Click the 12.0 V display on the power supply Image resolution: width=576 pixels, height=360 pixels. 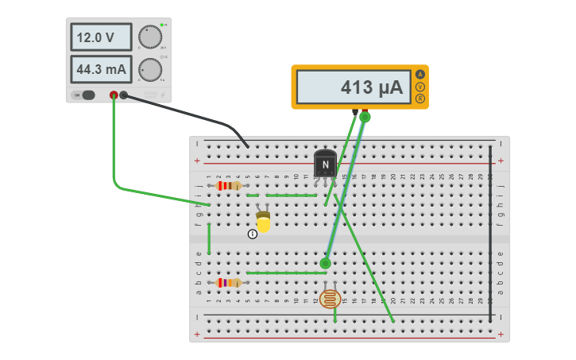tap(101, 37)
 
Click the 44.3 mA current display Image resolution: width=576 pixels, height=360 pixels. tap(101, 69)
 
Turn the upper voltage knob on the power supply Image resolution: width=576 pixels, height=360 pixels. tap(149, 37)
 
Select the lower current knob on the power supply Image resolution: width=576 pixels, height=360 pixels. tap(149, 70)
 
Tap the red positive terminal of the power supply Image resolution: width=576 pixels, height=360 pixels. tap(114, 95)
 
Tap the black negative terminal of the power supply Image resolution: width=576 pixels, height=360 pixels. tap(124, 95)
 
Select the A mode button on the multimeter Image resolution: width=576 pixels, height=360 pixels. tap(420, 75)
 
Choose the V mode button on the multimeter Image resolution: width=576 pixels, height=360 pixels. tap(420, 87)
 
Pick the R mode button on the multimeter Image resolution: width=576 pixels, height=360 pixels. tap(420, 99)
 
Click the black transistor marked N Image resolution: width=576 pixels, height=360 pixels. tap(325, 165)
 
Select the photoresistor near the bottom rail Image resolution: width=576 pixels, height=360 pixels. tap(330, 299)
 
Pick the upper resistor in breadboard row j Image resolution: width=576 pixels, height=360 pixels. tap(228, 185)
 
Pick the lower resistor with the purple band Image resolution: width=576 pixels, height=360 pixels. tap(228, 282)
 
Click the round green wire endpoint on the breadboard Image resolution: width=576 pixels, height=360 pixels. tap(325, 263)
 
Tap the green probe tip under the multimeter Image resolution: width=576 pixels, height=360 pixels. tap(365, 117)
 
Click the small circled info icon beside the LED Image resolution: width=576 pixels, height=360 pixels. tap(253, 234)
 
